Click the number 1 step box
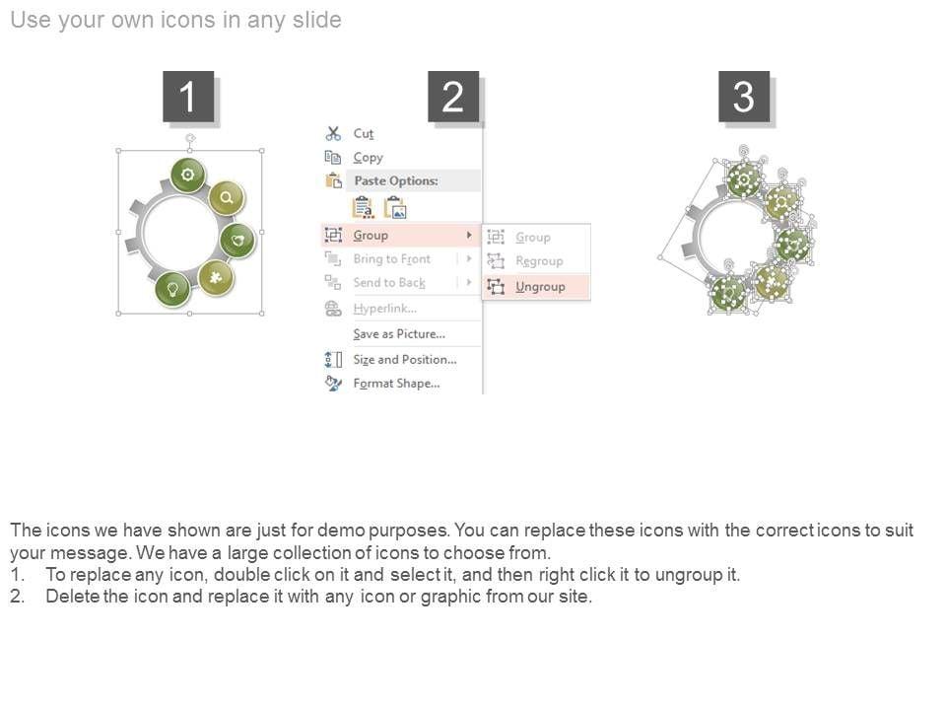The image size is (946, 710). click(x=188, y=97)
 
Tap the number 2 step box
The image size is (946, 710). click(x=453, y=97)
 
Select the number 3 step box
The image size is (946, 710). click(x=744, y=97)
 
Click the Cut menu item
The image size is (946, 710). click(x=364, y=133)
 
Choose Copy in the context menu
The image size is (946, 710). click(x=368, y=158)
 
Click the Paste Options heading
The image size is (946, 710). click(x=396, y=180)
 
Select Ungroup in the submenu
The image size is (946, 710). click(x=540, y=287)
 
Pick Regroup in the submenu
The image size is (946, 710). click(x=539, y=260)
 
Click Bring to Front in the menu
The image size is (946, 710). click(x=392, y=259)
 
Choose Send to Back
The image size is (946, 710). click(x=389, y=283)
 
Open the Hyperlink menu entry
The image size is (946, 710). click(x=385, y=309)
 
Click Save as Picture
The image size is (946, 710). click(x=399, y=334)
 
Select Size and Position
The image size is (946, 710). click(x=405, y=360)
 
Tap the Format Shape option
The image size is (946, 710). click(x=396, y=384)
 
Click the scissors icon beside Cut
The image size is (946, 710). click(x=333, y=133)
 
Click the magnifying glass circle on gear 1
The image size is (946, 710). click(x=227, y=197)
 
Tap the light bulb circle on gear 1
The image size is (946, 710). click(x=172, y=289)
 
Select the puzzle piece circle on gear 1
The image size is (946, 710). click(x=216, y=278)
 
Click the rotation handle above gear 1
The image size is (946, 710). click(x=190, y=138)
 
